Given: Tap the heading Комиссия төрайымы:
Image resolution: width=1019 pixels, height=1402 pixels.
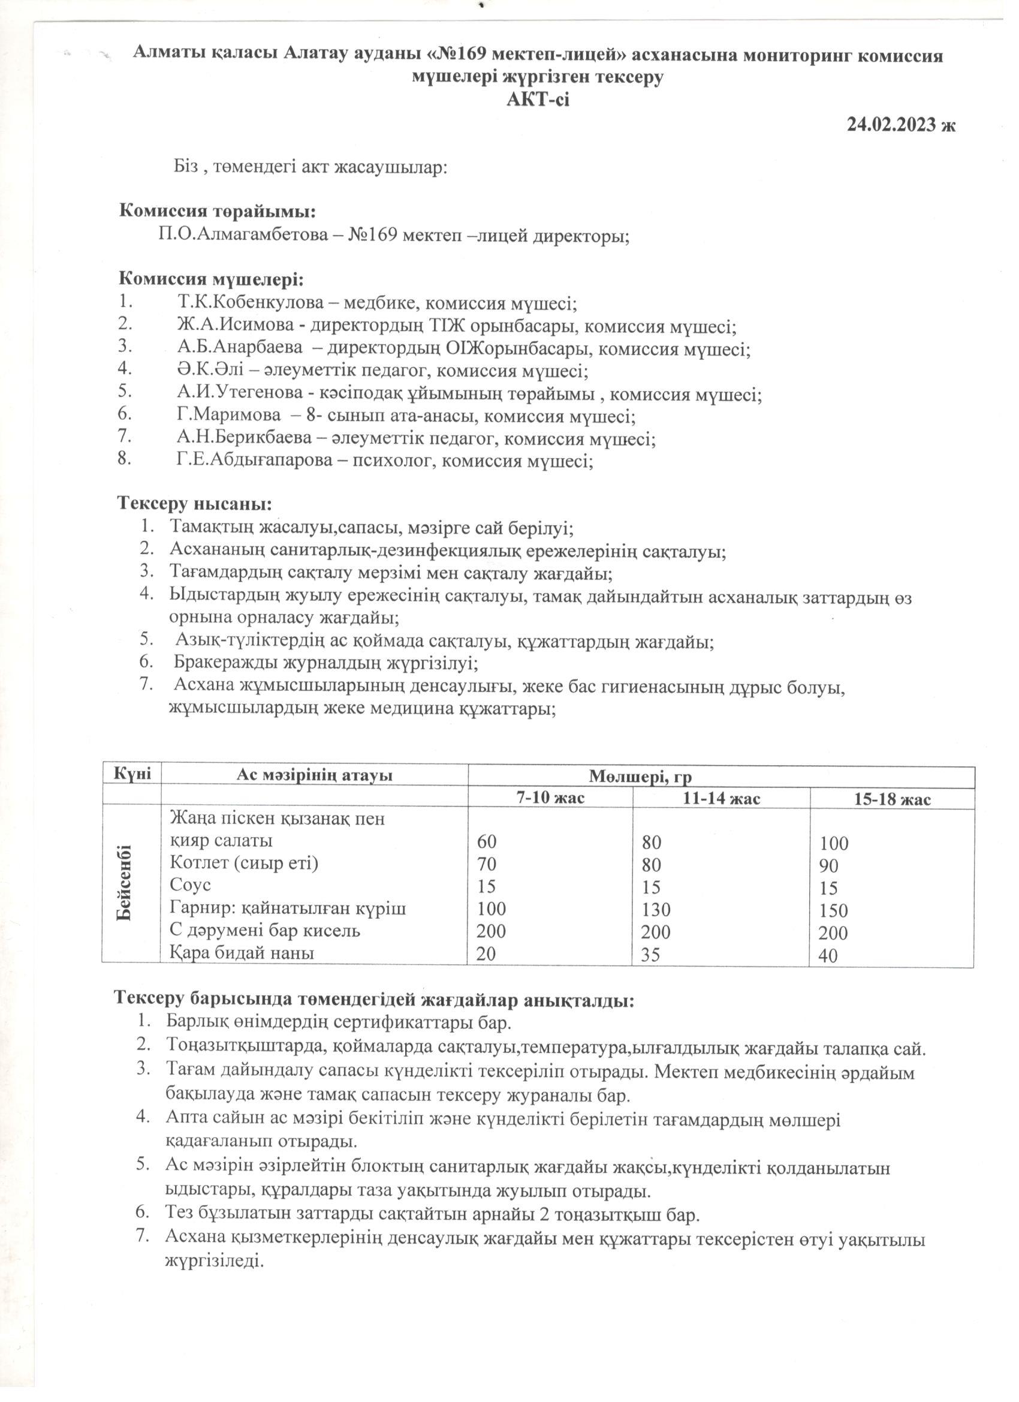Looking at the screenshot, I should [x=218, y=212].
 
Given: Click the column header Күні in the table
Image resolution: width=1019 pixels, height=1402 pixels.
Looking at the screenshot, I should [x=131, y=774].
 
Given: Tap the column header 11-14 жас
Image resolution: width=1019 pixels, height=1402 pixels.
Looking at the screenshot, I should [x=721, y=798].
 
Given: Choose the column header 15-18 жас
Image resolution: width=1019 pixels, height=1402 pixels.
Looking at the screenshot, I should [x=893, y=799].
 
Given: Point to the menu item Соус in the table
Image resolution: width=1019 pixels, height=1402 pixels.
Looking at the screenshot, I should [x=191, y=885].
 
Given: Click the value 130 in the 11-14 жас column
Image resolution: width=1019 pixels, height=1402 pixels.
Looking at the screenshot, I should [x=655, y=909].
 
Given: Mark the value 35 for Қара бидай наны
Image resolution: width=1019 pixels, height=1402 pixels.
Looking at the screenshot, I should [x=650, y=955].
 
